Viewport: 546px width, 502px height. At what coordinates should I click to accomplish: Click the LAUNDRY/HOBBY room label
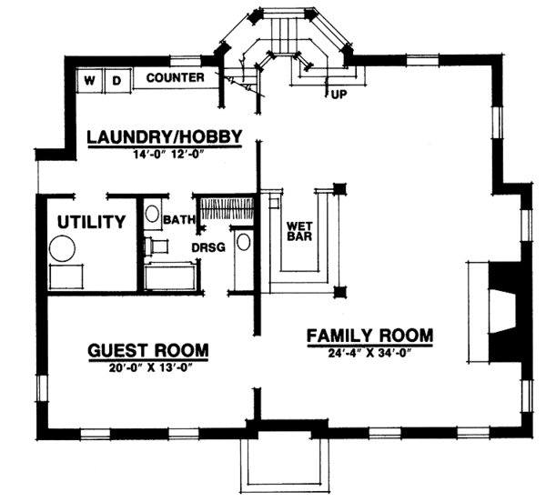[x=164, y=136]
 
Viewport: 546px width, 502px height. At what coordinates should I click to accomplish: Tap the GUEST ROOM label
[x=147, y=350]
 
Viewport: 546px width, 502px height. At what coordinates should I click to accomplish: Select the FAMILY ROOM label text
[x=369, y=335]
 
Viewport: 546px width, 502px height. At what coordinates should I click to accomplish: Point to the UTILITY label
[x=91, y=221]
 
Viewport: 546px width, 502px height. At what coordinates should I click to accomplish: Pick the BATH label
[x=175, y=220]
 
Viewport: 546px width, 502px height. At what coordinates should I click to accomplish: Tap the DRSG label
[x=207, y=246]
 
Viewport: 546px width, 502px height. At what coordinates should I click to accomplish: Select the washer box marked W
[x=91, y=80]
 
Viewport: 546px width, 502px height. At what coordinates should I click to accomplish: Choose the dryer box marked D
[x=117, y=80]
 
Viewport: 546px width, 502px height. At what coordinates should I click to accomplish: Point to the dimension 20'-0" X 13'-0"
[x=147, y=367]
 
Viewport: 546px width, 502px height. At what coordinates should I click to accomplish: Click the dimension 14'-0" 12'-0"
[x=164, y=154]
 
